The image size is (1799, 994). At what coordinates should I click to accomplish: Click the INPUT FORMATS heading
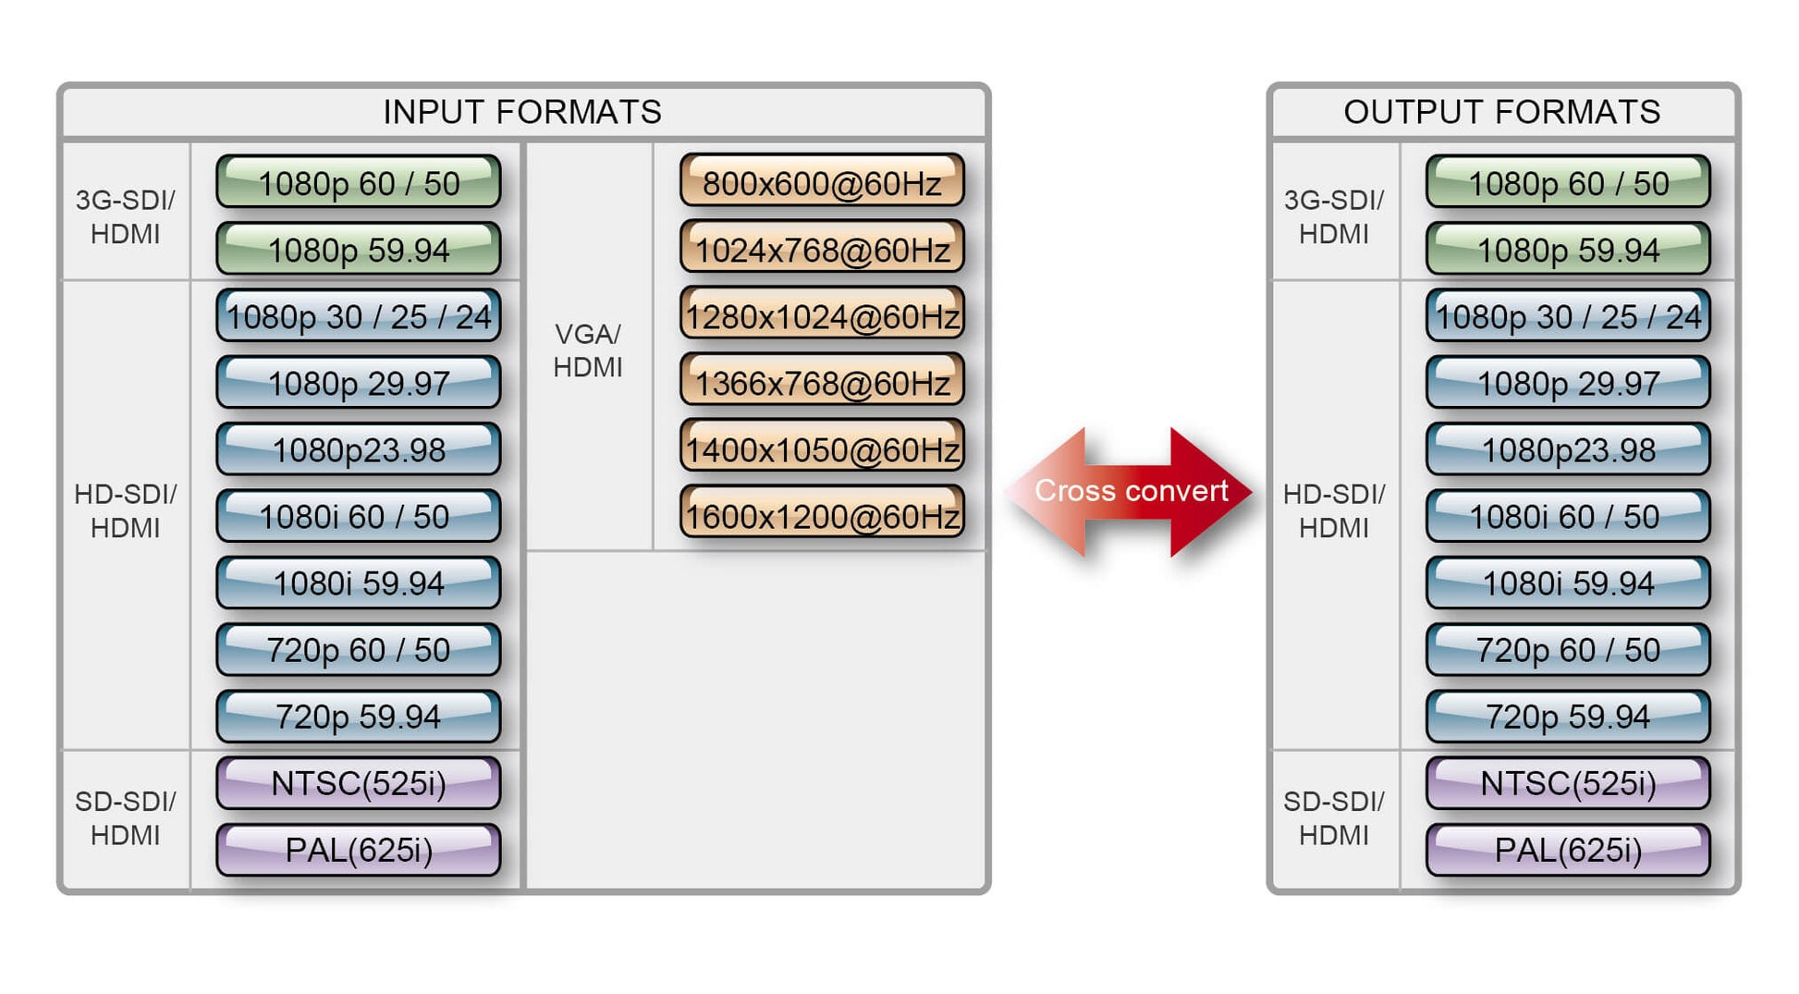(x=522, y=112)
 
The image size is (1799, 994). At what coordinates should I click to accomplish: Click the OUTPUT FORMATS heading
(x=1501, y=112)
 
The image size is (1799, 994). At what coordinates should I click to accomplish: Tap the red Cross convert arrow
(x=1131, y=491)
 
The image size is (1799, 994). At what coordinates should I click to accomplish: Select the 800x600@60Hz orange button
(x=822, y=182)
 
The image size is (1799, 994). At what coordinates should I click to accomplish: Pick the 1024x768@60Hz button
(x=822, y=249)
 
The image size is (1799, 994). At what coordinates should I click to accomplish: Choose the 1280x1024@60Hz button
(x=822, y=315)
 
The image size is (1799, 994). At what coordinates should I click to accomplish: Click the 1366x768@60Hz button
(x=822, y=382)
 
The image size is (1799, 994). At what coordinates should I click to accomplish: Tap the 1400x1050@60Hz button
(x=822, y=448)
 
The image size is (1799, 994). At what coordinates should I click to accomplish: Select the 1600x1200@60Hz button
(x=822, y=515)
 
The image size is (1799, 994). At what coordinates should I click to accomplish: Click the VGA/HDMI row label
(x=588, y=350)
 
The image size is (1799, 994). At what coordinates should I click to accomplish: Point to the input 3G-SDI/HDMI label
(x=125, y=216)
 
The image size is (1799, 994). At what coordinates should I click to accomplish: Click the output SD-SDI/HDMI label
(x=1333, y=817)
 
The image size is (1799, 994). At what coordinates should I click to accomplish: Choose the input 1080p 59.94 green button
(x=359, y=249)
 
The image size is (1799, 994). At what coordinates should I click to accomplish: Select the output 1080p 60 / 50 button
(x=1568, y=182)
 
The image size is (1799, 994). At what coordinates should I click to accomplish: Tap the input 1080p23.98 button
(x=359, y=449)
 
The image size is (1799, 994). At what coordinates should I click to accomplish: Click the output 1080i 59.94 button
(x=1568, y=583)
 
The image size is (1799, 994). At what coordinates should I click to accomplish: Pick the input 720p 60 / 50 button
(x=359, y=649)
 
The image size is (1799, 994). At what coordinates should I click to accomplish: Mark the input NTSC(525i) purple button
(x=359, y=782)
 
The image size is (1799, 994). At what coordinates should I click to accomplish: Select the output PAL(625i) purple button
(x=1568, y=849)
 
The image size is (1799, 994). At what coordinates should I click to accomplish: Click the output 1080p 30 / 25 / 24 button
(x=1568, y=316)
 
